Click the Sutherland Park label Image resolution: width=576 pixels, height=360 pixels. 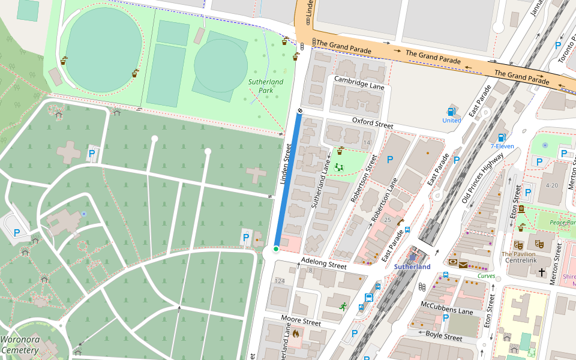click(266, 86)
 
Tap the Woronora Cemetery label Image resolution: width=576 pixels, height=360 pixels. click(20, 344)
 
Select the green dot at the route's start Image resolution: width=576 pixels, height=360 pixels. click(276, 249)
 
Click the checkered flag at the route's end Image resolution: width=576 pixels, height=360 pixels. click(299, 111)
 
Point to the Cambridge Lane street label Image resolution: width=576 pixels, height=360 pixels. click(359, 83)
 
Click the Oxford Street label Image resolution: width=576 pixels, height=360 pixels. click(372, 123)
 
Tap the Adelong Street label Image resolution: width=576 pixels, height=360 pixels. click(323, 263)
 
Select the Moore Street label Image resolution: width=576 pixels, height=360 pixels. click(301, 321)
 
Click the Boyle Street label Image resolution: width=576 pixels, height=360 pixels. click(443, 337)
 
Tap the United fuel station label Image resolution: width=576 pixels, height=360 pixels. click(451, 120)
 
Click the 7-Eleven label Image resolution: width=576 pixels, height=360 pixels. click(502, 146)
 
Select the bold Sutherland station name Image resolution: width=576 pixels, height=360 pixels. click(412, 266)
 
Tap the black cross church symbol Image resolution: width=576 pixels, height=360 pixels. click(542, 272)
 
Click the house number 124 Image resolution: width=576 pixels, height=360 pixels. click(280, 281)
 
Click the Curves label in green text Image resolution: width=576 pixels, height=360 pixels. click(487, 276)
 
